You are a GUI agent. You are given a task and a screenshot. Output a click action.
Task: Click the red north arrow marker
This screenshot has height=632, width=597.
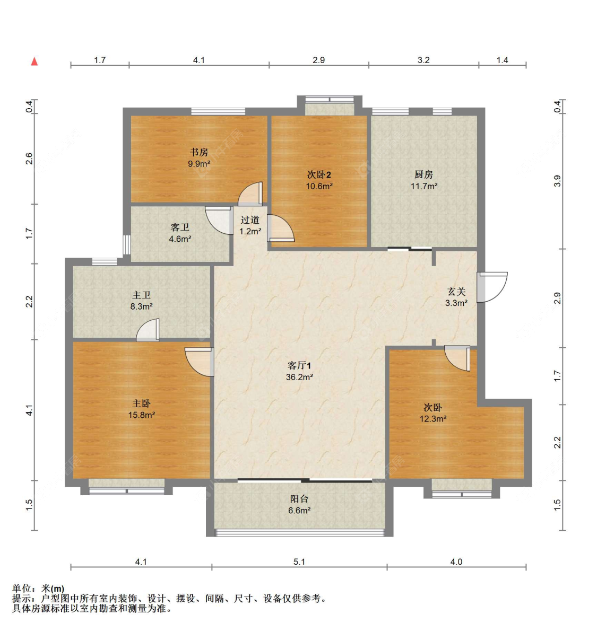click(x=34, y=61)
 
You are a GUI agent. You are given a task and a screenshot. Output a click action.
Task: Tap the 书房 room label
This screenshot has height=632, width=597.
click(x=199, y=152)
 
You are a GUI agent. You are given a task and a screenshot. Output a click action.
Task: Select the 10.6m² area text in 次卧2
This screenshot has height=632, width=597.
click(x=319, y=186)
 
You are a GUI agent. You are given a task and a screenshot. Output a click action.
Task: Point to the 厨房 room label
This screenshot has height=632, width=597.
click(x=423, y=174)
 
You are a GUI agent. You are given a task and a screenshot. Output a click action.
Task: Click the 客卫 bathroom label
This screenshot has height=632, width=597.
click(x=180, y=227)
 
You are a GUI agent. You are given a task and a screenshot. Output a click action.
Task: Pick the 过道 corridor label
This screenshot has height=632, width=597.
click(x=250, y=220)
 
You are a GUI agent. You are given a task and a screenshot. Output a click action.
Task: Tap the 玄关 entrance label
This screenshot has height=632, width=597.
click(x=456, y=292)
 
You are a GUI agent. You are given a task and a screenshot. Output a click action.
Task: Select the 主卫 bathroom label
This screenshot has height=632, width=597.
click(x=142, y=295)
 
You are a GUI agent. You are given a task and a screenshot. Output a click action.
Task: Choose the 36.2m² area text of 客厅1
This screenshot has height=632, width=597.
click(x=299, y=378)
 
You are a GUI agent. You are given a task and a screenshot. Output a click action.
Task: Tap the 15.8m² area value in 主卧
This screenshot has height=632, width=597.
click(x=142, y=415)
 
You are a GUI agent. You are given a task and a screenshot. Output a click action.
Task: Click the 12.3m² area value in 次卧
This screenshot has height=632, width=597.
click(x=433, y=419)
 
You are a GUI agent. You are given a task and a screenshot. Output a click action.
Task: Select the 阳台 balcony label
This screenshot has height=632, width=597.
click(x=299, y=499)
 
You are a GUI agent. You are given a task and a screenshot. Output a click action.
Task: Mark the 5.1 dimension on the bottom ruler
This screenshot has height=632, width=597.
click(x=299, y=561)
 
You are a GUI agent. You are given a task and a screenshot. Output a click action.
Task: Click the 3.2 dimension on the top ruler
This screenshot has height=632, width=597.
click(x=423, y=60)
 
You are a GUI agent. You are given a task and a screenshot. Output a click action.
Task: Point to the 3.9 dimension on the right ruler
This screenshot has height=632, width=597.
click(x=557, y=181)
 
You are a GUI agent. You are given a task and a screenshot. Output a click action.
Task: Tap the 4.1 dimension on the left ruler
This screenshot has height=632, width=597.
click(x=30, y=410)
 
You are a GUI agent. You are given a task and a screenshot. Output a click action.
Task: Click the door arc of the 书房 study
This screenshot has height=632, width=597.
click(x=250, y=195)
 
